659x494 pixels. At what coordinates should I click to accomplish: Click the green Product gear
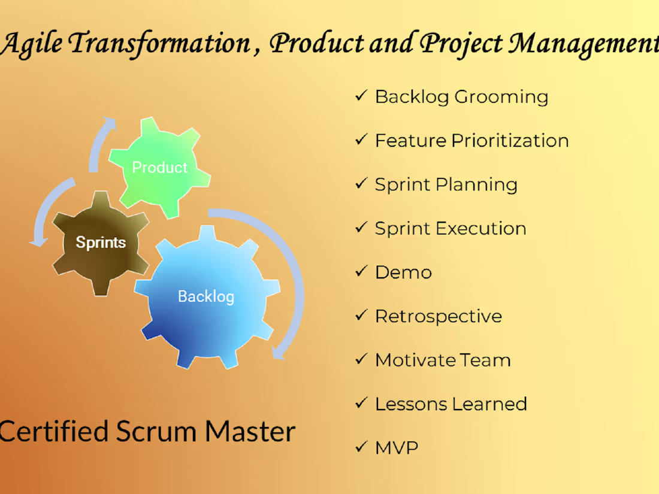tap(159, 168)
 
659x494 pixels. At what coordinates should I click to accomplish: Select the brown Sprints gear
tap(101, 243)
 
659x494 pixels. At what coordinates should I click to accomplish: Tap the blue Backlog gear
tap(206, 296)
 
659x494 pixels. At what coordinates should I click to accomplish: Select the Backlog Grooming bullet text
tap(461, 96)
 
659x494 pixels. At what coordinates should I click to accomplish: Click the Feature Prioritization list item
tap(471, 141)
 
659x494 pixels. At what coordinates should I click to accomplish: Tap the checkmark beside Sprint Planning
tap(361, 184)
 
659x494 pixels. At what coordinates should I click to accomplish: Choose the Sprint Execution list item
tap(451, 228)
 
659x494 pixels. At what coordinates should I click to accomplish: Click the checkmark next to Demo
tap(361, 272)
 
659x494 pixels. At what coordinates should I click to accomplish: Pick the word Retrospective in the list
tap(438, 316)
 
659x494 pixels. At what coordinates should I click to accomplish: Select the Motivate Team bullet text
tap(443, 360)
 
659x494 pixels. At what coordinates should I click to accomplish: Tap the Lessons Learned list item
tap(451, 404)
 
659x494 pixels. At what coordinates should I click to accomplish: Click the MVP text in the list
tap(396, 447)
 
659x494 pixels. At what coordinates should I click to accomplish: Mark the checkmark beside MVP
tap(361, 447)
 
